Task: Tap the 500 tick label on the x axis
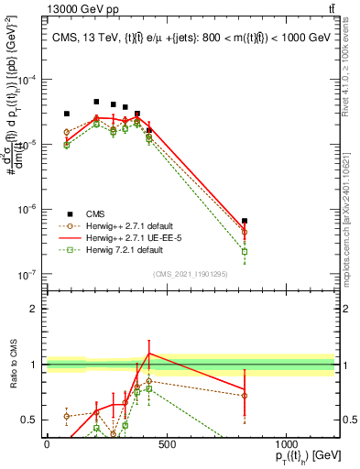point(166,443)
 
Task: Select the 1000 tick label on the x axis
point(286,443)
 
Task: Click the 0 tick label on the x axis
point(47,443)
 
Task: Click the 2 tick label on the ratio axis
point(34,308)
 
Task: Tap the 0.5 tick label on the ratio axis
point(30,420)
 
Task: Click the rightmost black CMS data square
point(245,221)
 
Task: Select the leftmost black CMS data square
point(66,114)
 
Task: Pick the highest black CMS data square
point(96,102)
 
